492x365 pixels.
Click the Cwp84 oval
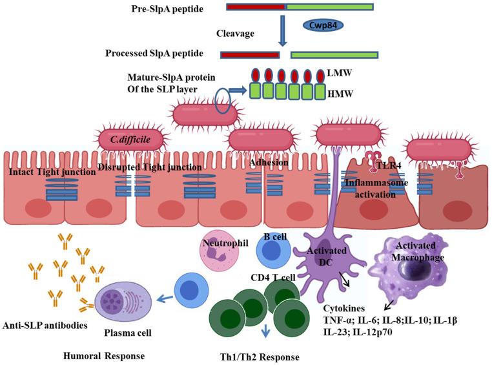tap(322, 26)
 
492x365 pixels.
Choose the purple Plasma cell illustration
tap(123, 304)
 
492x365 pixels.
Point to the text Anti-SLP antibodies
tap(46, 324)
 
